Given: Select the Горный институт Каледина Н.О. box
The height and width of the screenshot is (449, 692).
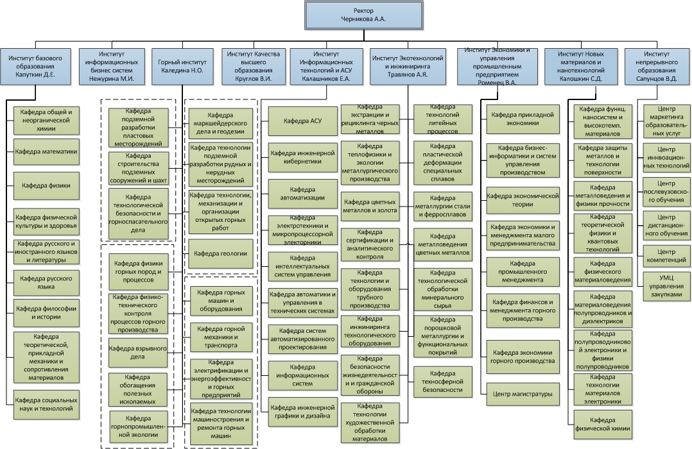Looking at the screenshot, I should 181,67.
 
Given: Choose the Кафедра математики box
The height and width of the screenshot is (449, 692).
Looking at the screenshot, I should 46,153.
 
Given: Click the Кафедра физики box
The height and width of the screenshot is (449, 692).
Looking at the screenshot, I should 46,186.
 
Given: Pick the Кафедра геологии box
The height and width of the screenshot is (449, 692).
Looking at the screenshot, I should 220,253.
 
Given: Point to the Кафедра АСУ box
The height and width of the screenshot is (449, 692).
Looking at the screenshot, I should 302,120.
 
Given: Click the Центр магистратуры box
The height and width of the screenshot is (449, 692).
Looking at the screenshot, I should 522,394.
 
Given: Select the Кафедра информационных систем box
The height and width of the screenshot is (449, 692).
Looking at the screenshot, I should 302,376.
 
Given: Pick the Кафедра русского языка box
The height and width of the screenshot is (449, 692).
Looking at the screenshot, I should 46,284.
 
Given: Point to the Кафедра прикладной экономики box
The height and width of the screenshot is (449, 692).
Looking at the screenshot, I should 522,118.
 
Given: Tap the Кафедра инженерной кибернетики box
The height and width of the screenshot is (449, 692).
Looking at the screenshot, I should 302,157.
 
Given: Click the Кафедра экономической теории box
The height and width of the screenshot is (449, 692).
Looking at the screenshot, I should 522,200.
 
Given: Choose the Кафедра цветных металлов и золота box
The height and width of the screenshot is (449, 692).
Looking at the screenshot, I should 370,205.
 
